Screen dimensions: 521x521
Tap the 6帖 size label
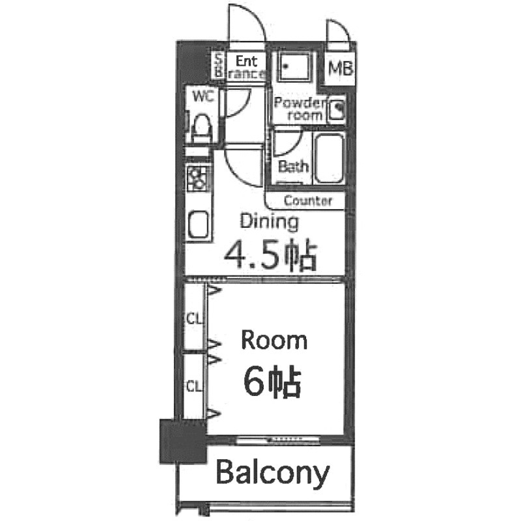(272, 382)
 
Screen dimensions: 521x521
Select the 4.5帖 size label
(270, 256)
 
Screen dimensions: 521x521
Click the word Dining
(270, 221)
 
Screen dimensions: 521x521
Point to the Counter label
(307, 201)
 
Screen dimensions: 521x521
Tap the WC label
(204, 97)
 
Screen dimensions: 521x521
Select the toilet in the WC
(201, 126)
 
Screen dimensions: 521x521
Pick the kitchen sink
(198, 224)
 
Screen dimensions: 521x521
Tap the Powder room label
(299, 109)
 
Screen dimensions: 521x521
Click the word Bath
(293, 167)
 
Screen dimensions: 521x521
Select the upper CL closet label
(194, 319)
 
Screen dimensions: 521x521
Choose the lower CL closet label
(193, 386)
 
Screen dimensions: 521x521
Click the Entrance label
(246, 67)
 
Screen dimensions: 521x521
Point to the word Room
(274, 340)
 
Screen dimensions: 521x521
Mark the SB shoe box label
(219, 66)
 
